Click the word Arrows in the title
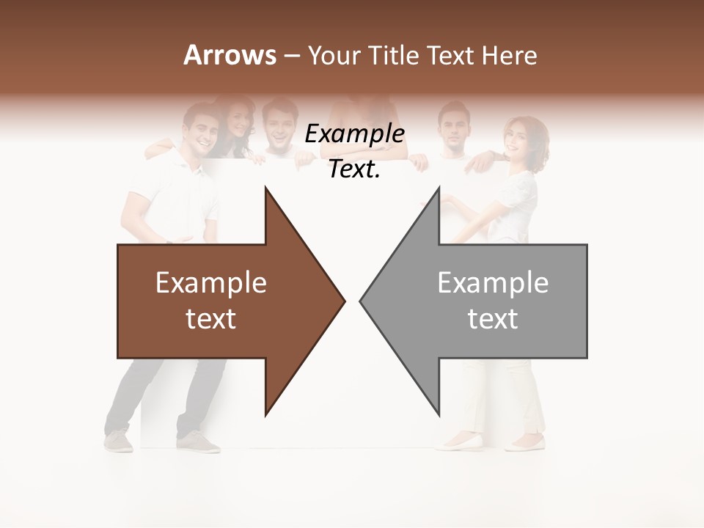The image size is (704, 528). point(229,55)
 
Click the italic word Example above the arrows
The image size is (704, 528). point(355,134)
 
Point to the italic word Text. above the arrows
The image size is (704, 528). point(355,169)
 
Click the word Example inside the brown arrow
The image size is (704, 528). point(211,283)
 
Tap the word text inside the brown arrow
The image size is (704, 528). point(211,319)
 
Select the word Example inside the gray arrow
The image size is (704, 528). point(493,283)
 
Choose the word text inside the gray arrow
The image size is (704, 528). point(493,319)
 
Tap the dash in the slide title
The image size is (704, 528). point(291,56)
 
